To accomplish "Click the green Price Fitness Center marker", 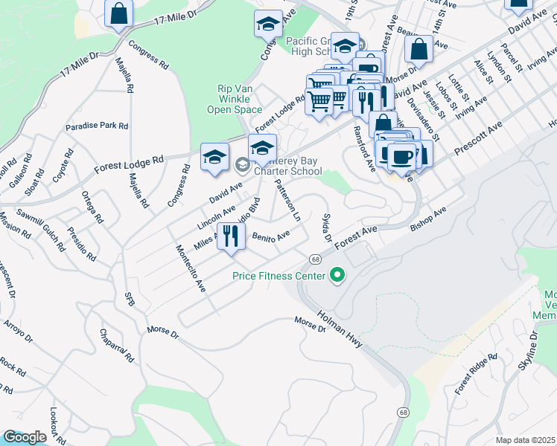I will pos(337,276).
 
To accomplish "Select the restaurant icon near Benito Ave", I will pos(231,236).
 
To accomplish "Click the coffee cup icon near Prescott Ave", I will pos(401,157).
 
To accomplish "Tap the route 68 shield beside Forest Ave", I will pos(316,259).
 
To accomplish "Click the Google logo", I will pos(25,437).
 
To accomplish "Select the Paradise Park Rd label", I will pos(97,126).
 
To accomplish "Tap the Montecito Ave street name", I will pos(190,268).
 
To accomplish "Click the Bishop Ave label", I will pos(429,216).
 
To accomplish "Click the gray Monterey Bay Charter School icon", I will pos(243,164).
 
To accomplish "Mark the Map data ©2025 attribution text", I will pos(526,440).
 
